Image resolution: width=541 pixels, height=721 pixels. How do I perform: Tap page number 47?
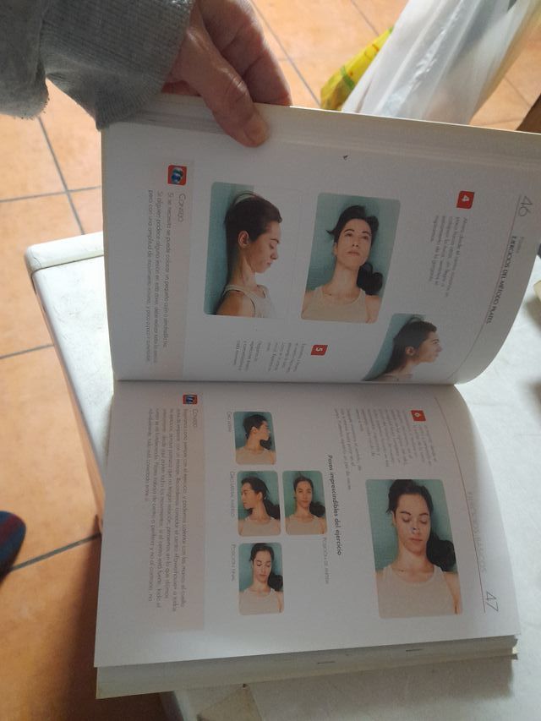pyautogui.click(x=491, y=603)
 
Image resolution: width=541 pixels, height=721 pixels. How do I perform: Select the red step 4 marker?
pyautogui.click(x=465, y=199)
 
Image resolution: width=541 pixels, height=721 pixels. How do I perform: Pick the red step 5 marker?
pyautogui.click(x=318, y=349)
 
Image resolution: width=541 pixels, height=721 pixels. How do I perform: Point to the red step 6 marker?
pyautogui.click(x=418, y=416)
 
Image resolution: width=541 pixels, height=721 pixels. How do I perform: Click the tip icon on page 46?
pyautogui.click(x=177, y=175)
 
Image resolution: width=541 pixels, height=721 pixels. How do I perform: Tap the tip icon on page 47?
pyautogui.click(x=190, y=399)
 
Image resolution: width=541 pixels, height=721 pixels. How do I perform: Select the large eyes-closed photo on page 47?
pyautogui.click(x=414, y=548)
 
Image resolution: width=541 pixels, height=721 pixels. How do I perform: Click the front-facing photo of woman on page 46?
pyautogui.click(x=350, y=257)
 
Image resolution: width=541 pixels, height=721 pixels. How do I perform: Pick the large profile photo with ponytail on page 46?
pyautogui.click(x=247, y=251)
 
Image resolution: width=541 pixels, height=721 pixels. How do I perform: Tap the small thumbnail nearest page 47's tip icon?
pyautogui.click(x=254, y=437)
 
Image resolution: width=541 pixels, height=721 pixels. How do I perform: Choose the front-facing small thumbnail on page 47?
pyautogui.click(x=303, y=503)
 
